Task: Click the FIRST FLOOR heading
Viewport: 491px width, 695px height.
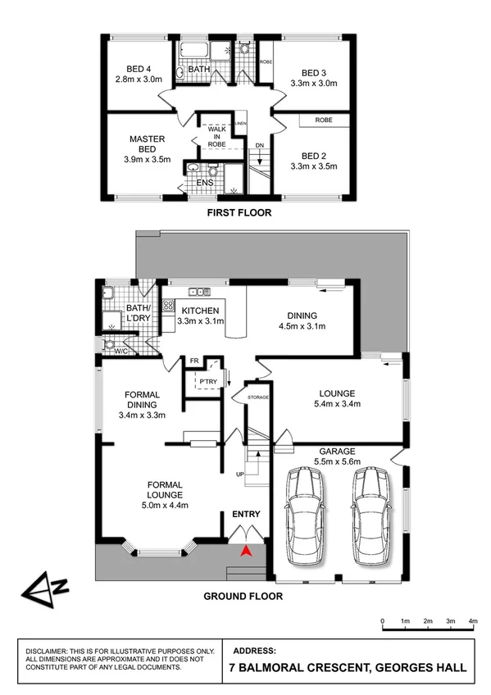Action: (x=239, y=212)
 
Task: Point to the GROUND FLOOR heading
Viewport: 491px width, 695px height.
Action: (x=243, y=596)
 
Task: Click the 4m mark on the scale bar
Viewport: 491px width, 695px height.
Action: (x=473, y=622)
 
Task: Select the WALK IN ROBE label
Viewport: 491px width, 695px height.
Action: (x=216, y=136)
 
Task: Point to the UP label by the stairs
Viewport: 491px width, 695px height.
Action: (x=239, y=475)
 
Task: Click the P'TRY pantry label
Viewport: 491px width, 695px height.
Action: (x=204, y=381)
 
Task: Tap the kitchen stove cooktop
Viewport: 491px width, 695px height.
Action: (x=167, y=306)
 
